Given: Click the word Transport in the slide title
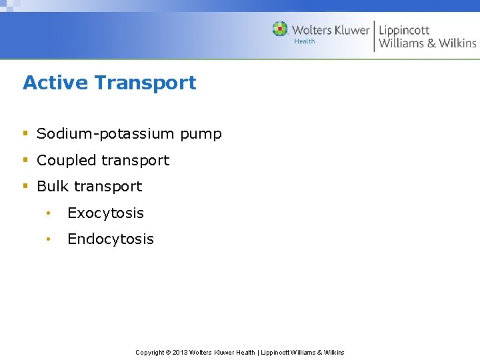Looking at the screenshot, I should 145,83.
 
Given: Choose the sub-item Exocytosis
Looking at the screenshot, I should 105,213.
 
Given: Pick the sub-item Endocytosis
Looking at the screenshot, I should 111,239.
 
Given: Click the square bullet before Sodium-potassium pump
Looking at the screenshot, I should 25,134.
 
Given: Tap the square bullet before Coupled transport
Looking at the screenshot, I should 25,161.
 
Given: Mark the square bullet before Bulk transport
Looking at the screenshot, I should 25,187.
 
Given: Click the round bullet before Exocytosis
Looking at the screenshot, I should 48,213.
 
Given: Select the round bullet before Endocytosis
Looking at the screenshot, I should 48,239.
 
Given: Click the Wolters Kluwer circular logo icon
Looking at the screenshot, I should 280,29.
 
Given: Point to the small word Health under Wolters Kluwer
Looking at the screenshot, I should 305,41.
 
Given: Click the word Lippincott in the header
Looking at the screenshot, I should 404,31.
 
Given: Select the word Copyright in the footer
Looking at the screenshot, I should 149,352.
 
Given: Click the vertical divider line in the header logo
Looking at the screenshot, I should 374,36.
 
